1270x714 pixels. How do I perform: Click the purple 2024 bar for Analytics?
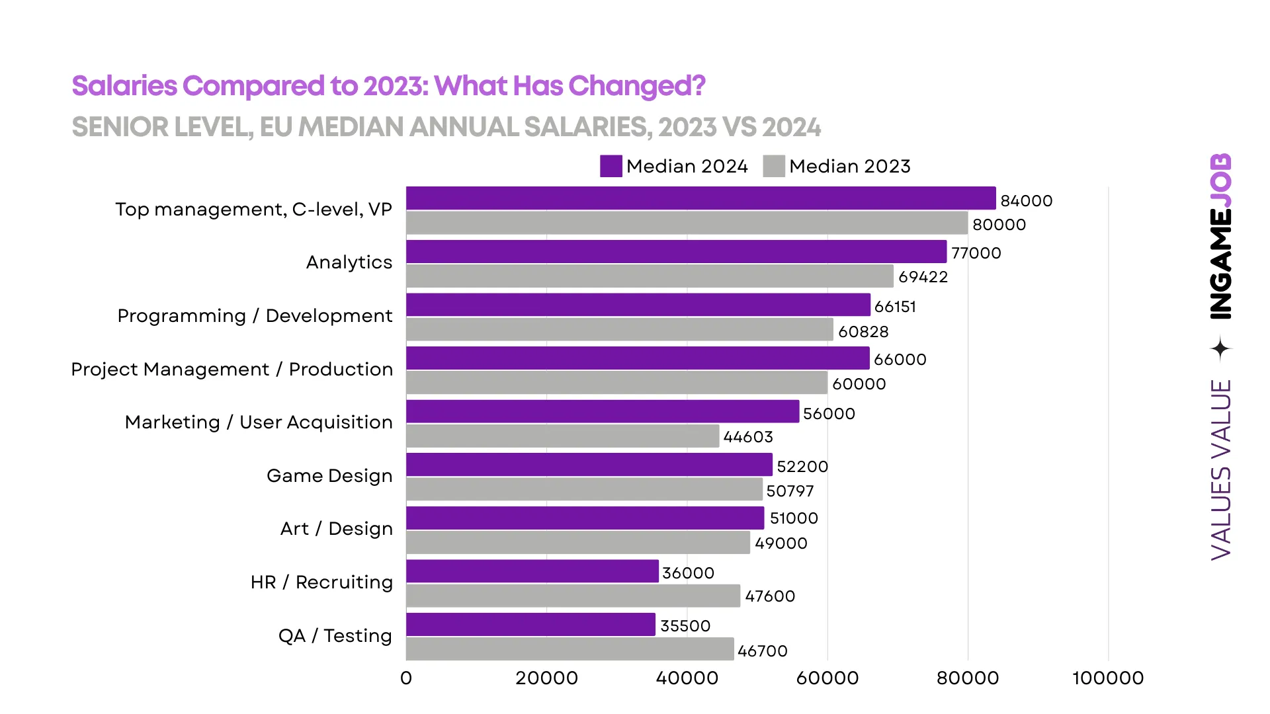click(676, 252)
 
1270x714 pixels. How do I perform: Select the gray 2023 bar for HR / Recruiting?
click(573, 596)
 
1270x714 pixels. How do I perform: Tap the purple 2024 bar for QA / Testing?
click(530, 625)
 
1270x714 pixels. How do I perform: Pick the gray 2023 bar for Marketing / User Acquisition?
click(562, 436)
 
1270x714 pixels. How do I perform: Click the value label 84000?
click(1026, 201)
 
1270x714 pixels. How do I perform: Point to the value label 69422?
click(923, 277)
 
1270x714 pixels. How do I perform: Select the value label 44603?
click(747, 437)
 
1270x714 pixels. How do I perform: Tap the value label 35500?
click(685, 626)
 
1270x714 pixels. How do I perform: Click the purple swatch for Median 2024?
click(611, 167)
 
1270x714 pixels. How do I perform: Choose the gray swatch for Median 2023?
click(773, 167)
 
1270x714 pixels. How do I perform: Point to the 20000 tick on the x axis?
click(546, 678)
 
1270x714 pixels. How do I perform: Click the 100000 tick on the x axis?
click(1108, 678)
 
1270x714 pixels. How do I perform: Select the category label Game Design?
click(329, 476)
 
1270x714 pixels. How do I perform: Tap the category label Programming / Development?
click(255, 316)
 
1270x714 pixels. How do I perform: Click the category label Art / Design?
click(336, 529)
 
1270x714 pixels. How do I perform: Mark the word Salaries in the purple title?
click(124, 86)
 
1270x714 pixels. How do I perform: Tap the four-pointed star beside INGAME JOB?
click(1221, 349)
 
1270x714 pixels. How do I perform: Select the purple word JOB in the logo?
click(1221, 180)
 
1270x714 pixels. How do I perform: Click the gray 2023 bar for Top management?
click(687, 223)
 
